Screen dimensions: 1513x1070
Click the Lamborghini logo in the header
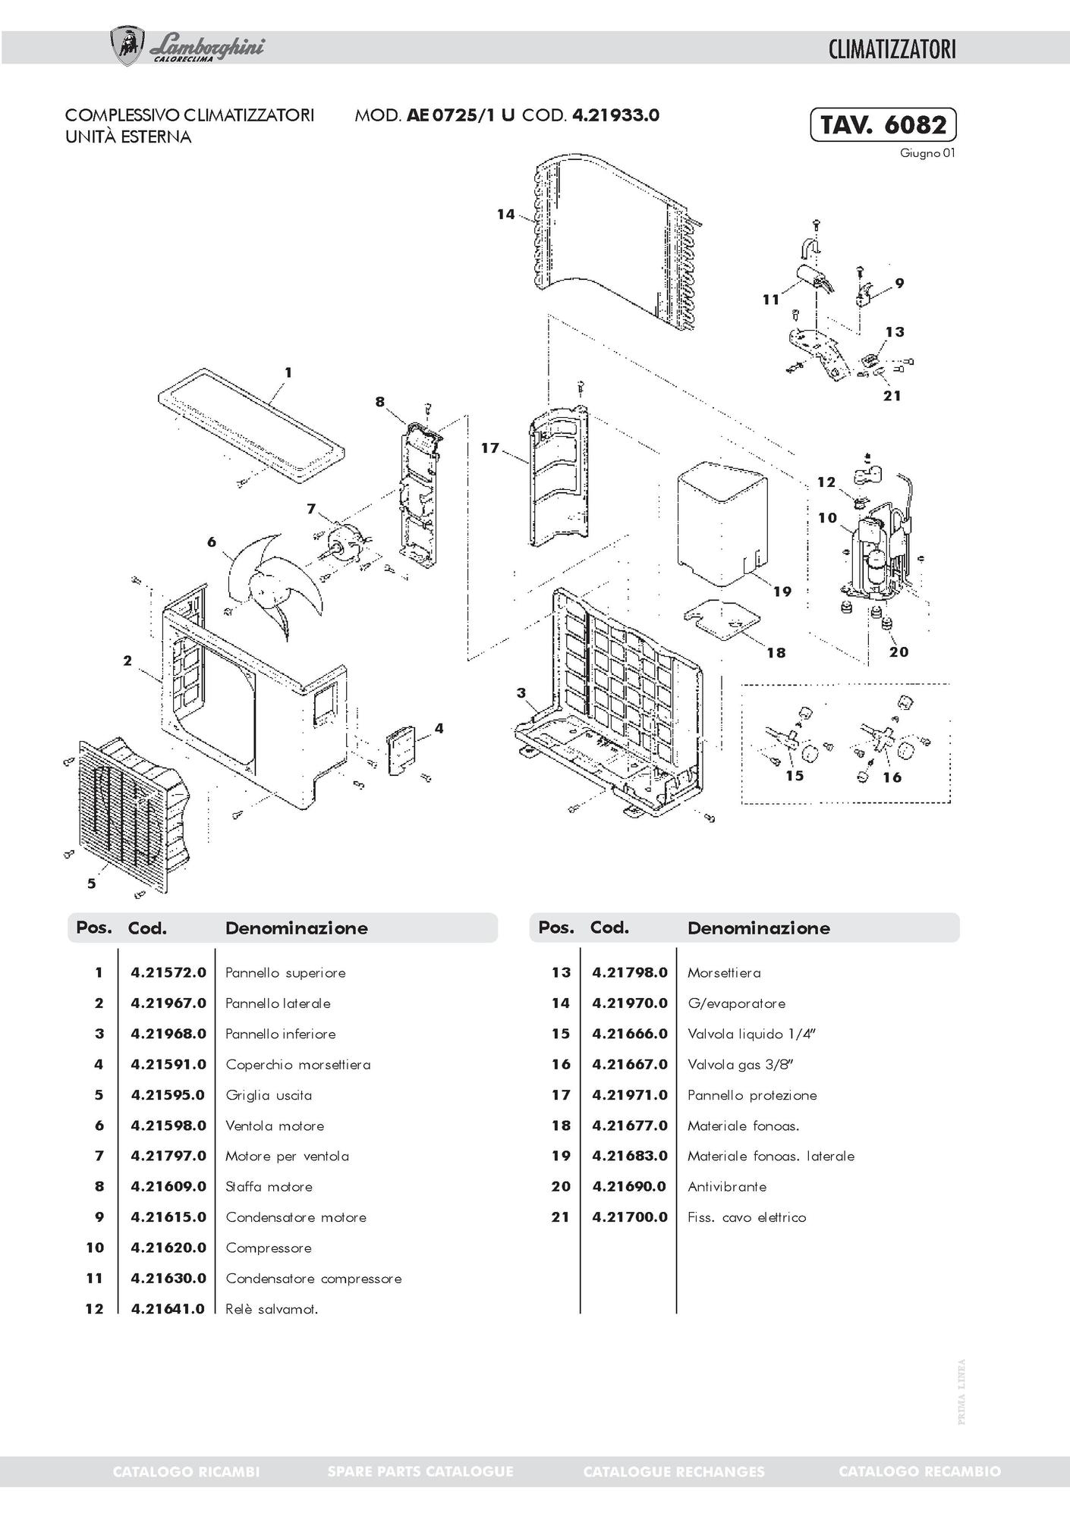[x=187, y=47]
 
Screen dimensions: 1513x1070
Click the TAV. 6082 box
[x=883, y=124]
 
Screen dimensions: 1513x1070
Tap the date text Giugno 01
[x=927, y=153]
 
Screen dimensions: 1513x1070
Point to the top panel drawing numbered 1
[x=250, y=425]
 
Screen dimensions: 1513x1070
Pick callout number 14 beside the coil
[x=506, y=215]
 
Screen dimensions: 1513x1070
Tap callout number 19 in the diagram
[x=782, y=592]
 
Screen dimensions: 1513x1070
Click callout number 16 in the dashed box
[x=892, y=777]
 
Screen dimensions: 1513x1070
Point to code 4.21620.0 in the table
[x=168, y=1248]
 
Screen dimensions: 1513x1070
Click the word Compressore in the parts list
[x=269, y=1248]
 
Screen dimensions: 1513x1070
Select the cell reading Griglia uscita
[x=269, y=1095]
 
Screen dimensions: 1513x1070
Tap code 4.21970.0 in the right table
[x=630, y=1003]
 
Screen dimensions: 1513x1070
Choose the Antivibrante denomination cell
[x=727, y=1186]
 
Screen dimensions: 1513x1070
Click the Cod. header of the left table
[x=147, y=928]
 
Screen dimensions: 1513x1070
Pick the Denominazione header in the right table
[x=758, y=928]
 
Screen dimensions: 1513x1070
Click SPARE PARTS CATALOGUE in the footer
[x=420, y=1471]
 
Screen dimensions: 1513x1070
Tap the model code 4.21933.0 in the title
[x=615, y=115]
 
